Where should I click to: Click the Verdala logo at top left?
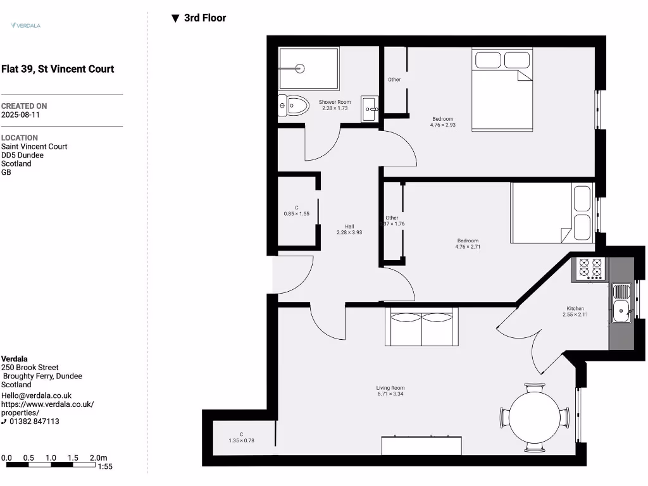[x=26, y=25]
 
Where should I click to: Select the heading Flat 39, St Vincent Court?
[x=58, y=69]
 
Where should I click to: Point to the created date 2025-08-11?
[x=20, y=115]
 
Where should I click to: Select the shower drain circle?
[x=300, y=68]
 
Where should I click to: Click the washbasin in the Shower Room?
[x=370, y=109]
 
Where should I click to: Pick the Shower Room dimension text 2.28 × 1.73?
[x=335, y=108]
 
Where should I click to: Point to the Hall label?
[x=349, y=227]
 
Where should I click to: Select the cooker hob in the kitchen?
[x=589, y=268]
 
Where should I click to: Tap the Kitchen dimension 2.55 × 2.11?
[x=575, y=315]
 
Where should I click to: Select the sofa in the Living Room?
[x=422, y=327]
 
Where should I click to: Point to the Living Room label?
[x=390, y=388]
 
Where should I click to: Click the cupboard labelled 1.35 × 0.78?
[x=241, y=437]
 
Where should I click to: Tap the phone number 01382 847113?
[x=34, y=421]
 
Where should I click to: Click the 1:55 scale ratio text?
[x=105, y=466]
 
